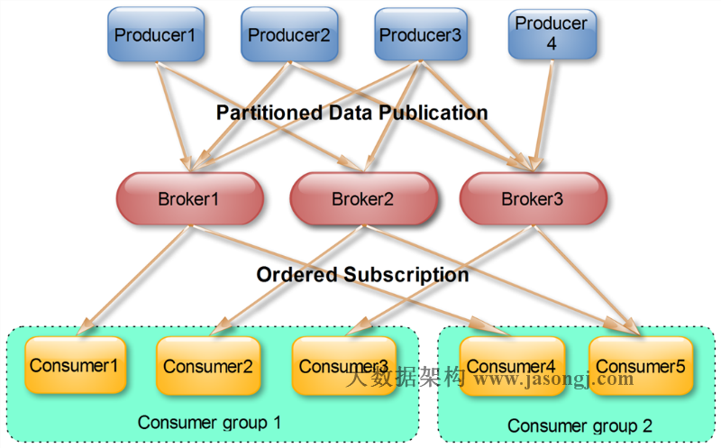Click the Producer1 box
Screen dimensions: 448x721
[155, 35]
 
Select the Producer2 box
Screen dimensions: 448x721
[289, 35]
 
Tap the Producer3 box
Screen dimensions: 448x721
[420, 35]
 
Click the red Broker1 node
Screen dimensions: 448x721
[188, 199]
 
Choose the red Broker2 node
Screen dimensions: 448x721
[362, 199]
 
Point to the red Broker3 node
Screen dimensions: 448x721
[533, 199]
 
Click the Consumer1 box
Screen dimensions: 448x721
[75, 365]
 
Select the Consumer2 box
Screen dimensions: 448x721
[207, 366]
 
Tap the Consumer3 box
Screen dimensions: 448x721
[343, 366]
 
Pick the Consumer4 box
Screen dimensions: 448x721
[511, 365]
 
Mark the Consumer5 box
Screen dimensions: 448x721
[641, 366]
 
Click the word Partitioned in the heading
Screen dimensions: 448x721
[269, 114]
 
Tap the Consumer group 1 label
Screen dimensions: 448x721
[209, 422]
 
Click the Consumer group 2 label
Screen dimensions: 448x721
[580, 425]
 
